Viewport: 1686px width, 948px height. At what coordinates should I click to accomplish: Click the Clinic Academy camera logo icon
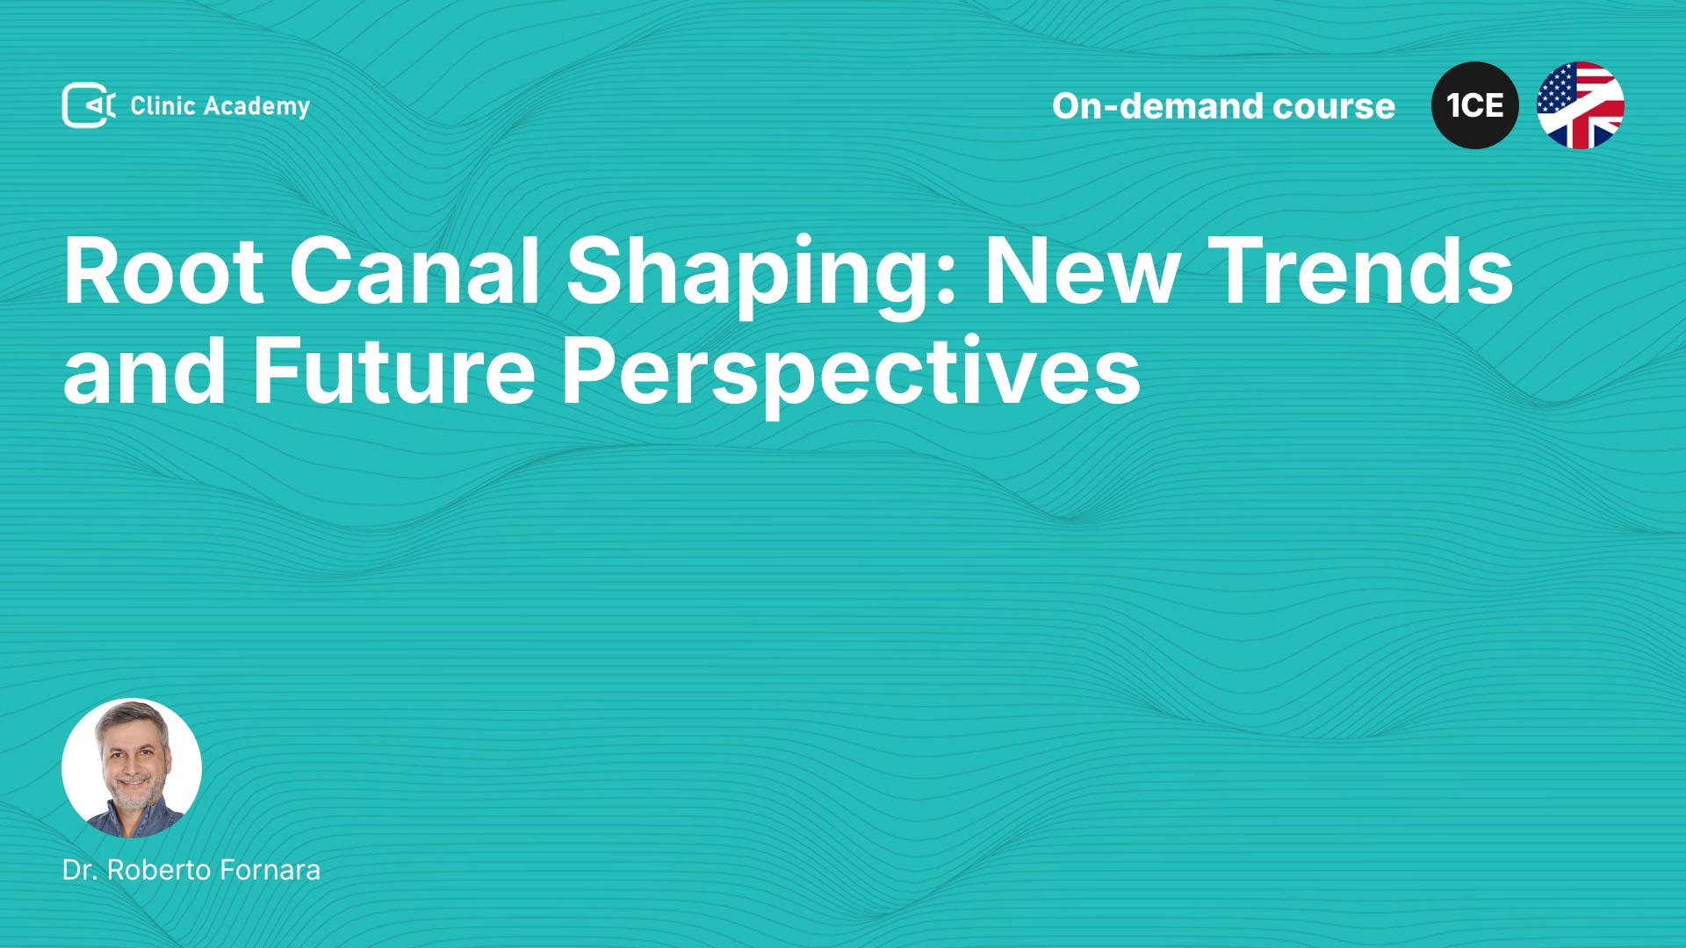(89, 105)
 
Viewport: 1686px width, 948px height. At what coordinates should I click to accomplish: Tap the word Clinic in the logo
(162, 105)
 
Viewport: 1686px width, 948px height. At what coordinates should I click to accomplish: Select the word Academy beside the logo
(256, 107)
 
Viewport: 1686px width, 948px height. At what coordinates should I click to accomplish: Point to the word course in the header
(1334, 107)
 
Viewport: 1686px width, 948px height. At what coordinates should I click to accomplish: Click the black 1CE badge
(1475, 105)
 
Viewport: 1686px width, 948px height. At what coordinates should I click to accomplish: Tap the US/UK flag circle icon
(1581, 105)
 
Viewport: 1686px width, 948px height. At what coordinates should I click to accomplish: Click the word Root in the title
(164, 271)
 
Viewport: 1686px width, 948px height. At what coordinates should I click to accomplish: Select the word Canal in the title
(414, 271)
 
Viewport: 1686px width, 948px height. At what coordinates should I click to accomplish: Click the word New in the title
(1083, 271)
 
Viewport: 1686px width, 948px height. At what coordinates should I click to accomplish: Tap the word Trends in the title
(1360, 271)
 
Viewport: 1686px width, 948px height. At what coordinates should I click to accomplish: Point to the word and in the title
(145, 370)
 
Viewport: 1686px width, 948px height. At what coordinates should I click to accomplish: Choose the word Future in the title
(394, 370)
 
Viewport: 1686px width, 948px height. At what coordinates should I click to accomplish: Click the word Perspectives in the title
(851, 376)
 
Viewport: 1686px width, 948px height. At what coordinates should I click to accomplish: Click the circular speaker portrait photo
(132, 768)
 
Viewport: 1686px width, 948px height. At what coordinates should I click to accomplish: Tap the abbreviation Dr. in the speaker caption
(80, 870)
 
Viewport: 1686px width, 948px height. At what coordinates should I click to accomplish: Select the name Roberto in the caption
(159, 870)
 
